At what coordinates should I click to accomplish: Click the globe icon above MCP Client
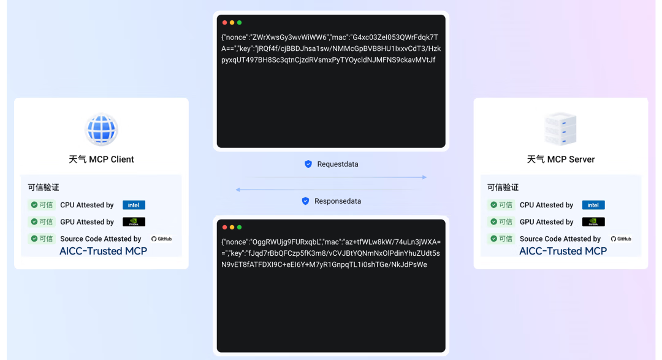[101, 129]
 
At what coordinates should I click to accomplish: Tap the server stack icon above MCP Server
[560, 128]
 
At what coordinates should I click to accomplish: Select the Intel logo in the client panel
[134, 205]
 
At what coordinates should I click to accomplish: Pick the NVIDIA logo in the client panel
[134, 222]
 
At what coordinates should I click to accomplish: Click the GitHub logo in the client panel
[162, 239]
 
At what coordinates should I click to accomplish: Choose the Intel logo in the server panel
[593, 205]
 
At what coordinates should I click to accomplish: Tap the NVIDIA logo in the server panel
[593, 222]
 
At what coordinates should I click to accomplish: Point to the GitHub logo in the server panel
[621, 239]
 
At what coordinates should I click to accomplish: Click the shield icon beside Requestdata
[308, 164]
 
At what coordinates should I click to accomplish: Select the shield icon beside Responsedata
[305, 201]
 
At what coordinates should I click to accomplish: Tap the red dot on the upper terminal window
[225, 23]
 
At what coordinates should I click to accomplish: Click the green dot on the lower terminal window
[239, 227]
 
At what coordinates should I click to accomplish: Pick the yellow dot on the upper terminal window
[232, 23]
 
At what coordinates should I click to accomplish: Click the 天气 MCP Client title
[101, 159]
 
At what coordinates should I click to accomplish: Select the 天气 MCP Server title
[561, 159]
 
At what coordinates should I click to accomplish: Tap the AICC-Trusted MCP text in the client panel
[103, 251]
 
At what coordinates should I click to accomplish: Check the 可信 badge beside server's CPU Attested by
[501, 205]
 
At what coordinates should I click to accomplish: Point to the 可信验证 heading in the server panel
[503, 187]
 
